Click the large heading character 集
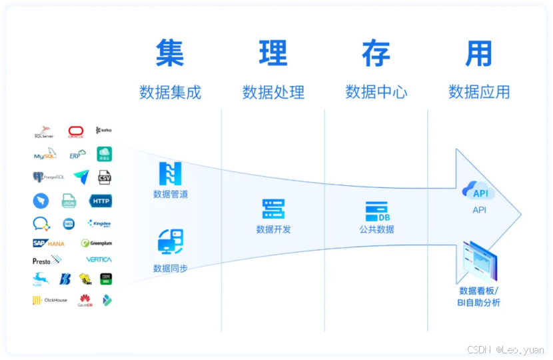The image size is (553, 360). click(x=170, y=53)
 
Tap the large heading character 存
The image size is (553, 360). click(x=376, y=53)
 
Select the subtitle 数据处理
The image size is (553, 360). click(x=273, y=92)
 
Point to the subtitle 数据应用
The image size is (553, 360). click(x=479, y=92)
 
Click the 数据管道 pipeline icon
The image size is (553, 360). click(x=170, y=173)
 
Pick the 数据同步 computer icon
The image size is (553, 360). click(x=170, y=241)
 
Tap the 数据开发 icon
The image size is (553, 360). click(x=273, y=209)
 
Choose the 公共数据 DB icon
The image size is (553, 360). click(x=376, y=211)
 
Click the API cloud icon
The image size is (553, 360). click(x=480, y=193)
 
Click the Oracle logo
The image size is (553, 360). click(x=76, y=131)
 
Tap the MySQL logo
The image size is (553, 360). click(x=45, y=155)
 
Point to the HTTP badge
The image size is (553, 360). click(x=101, y=201)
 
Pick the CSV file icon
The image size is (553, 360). click(x=104, y=177)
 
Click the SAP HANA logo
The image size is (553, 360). click(x=49, y=243)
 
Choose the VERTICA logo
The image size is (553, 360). click(x=99, y=259)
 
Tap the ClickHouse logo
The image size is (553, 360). click(x=50, y=300)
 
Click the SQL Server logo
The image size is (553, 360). click(x=44, y=131)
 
